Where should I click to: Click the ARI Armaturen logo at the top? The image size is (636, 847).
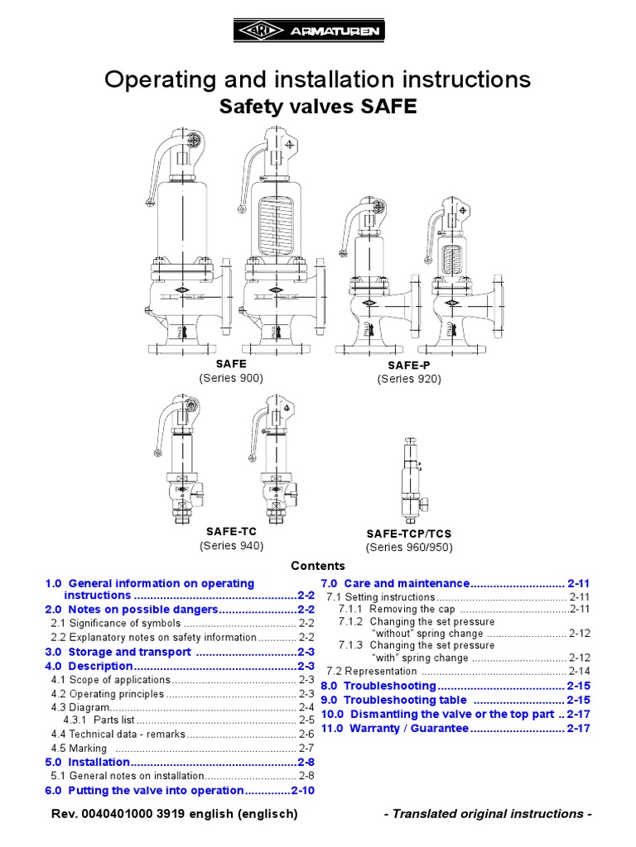point(317,31)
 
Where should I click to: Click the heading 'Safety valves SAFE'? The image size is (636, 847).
point(317,108)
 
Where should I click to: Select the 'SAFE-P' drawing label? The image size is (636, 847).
point(409,365)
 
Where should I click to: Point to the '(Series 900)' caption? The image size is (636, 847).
point(231,378)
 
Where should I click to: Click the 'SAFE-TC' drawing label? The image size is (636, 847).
point(231,531)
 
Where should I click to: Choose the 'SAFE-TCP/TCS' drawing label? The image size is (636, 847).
point(409,534)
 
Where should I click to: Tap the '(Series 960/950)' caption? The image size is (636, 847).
point(409,548)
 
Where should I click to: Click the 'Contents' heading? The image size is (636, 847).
point(318,566)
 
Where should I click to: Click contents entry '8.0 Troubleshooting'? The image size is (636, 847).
point(378,686)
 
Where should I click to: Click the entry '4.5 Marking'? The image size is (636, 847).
point(79,748)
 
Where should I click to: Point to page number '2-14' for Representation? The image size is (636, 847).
point(579,672)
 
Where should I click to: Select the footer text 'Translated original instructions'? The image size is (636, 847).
point(489,814)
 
